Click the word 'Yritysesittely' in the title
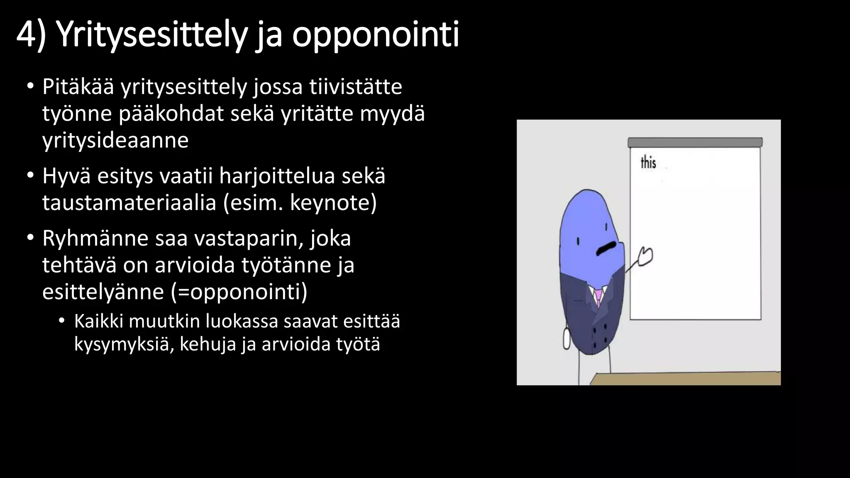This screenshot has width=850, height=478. (151, 35)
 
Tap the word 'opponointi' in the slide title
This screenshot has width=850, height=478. (375, 35)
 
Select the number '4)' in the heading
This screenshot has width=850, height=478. (31, 35)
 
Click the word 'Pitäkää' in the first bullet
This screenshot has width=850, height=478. (78, 87)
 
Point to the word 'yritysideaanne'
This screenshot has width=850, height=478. (115, 140)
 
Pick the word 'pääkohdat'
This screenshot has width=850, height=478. (171, 114)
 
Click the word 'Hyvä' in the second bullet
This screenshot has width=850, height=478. (66, 176)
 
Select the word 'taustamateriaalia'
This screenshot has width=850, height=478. (129, 203)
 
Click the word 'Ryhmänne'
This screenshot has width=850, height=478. (95, 239)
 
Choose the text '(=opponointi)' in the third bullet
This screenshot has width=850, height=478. (239, 292)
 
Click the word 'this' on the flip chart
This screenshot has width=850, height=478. (648, 162)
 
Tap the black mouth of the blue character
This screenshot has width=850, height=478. (606, 248)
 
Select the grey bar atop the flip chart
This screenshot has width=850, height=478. (695, 142)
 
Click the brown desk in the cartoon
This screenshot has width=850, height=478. (685, 378)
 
